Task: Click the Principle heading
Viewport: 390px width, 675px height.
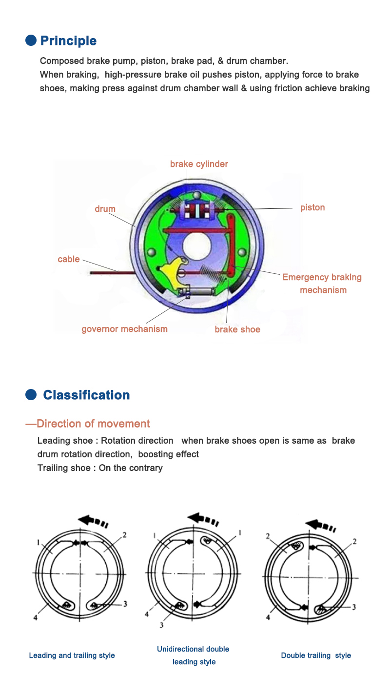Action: pos(68,41)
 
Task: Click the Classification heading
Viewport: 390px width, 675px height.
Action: pos(86,395)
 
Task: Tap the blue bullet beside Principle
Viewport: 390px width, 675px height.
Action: pos(31,40)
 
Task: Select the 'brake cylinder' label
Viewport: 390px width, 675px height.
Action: pos(199,164)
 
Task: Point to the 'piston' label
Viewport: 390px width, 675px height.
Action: pos(312,207)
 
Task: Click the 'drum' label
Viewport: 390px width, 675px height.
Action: pos(105,209)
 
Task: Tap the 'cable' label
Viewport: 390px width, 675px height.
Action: pos(68,259)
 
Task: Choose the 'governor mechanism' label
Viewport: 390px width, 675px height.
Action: pos(124,329)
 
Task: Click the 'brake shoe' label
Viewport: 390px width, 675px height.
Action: pos(237,329)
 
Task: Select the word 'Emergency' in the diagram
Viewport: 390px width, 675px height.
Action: pos(305,277)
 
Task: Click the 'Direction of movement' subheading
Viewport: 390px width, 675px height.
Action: pos(93,424)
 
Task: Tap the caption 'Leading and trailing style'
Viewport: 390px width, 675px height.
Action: pos(72,655)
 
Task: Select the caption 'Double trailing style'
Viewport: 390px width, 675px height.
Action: pos(316,655)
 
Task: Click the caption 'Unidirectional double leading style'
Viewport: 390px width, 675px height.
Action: pos(193,655)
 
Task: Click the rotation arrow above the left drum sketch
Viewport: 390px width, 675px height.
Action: pos(93,521)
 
